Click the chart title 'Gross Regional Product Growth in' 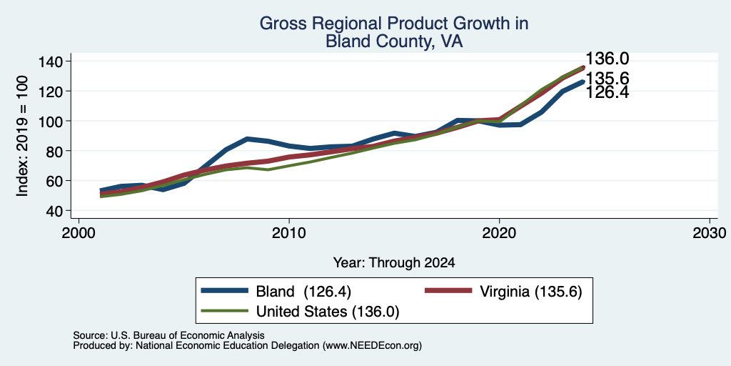394,23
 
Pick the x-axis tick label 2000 79,232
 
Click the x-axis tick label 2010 289,232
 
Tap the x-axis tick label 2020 499,232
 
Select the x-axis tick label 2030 710,232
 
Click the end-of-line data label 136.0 607,59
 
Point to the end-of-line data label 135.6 607,78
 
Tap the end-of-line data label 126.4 607,92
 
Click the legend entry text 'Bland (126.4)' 303,292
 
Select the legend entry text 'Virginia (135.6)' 531,292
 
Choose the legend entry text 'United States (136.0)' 328,312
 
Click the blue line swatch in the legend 224,290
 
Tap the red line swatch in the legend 448,290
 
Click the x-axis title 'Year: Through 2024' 394,263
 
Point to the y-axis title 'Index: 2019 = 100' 22,136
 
